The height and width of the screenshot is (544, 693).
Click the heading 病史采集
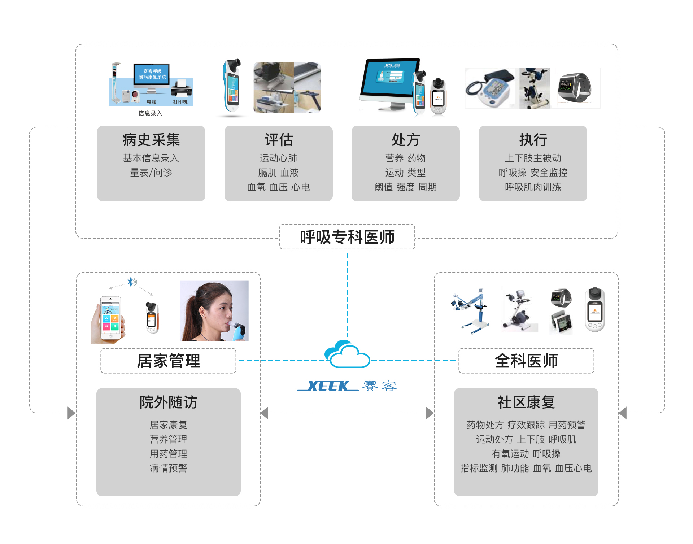click(151, 140)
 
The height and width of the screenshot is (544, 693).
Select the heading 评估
click(278, 140)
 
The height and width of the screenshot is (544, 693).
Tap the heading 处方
click(405, 140)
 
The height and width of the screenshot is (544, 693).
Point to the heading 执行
click(533, 140)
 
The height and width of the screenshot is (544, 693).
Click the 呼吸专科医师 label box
click(347, 237)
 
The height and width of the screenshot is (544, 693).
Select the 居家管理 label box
click(168, 361)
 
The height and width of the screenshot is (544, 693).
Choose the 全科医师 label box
click(526, 361)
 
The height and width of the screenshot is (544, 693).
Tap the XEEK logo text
click(328, 386)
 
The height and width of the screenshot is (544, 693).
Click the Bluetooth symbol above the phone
click(131, 282)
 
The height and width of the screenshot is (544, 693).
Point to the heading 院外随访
click(168, 402)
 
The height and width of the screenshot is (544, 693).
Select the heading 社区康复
click(526, 402)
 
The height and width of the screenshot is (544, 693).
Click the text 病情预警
click(168, 468)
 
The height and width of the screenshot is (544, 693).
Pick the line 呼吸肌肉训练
click(533, 187)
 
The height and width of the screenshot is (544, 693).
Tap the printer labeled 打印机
click(181, 89)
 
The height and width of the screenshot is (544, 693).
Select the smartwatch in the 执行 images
click(575, 87)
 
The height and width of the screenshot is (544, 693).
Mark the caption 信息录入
click(150, 113)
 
